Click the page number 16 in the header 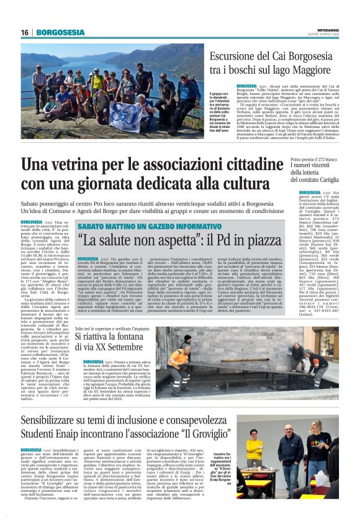coord(25,32)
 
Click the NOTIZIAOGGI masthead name coord(326,29)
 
